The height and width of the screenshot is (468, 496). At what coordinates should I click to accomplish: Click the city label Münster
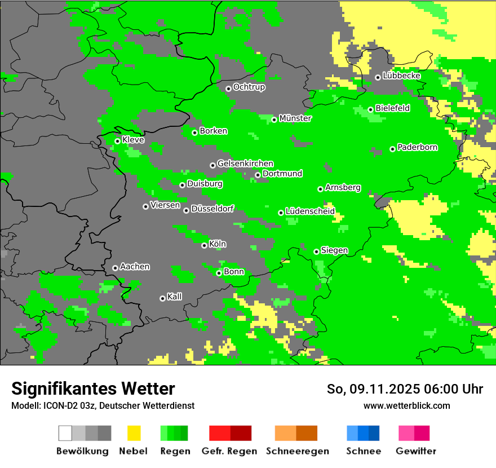pyautogui.click(x=295, y=118)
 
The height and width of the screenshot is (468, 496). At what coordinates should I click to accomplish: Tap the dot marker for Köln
pyautogui.click(x=204, y=245)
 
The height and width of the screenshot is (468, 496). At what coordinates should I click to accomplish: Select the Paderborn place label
pyautogui.click(x=417, y=148)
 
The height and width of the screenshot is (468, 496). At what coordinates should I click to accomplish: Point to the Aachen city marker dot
pyautogui.click(x=115, y=268)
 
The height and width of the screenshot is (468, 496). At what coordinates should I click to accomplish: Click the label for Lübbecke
pyautogui.click(x=401, y=76)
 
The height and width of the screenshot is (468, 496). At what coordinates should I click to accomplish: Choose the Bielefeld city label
pyautogui.click(x=392, y=108)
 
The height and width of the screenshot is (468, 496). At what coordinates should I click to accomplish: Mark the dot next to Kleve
pyautogui.click(x=117, y=141)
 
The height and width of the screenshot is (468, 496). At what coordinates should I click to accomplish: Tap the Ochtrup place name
pyautogui.click(x=249, y=87)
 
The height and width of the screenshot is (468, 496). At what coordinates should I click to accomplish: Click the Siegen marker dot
pyautogui.click(x=316, y=251)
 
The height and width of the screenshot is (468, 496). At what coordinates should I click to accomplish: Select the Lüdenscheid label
pyautogui.click(x=310, y=211)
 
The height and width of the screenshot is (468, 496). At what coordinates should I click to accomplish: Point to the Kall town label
pyautogui.click(x=174, y=297)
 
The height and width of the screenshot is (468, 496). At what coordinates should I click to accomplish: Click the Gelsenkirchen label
pyautogui.click(x=245, y=164)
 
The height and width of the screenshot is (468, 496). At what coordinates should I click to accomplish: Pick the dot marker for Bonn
pyautogui.click(x=219, y=273)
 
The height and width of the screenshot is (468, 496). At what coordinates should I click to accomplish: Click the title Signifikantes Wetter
pyautogui.click(x=93, y=388)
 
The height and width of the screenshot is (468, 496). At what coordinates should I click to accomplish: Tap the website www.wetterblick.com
pyautogui.click(x=406, y=405)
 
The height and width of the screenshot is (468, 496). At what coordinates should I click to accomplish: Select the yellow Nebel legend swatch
pyautogui.click(x=134, y=433)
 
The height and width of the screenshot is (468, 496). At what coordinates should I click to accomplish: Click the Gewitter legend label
pyautogui.click(x=415, y=451)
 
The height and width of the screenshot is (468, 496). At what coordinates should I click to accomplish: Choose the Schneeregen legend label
pyautogui.click(x=297, y=451)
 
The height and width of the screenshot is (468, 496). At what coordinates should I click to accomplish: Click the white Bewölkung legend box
pyautogui.click(x=65, y=433)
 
